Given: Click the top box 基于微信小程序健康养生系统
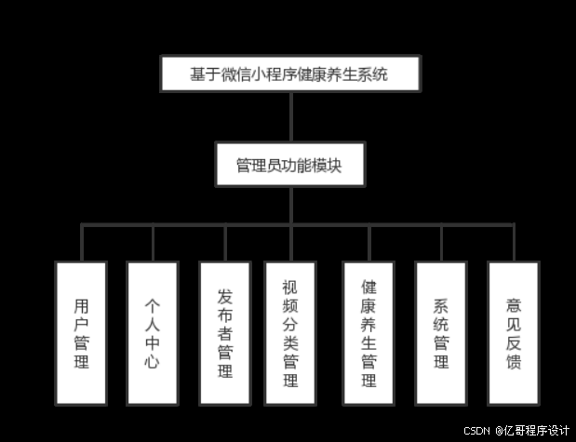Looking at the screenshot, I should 289,74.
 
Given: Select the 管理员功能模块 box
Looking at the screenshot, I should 289,167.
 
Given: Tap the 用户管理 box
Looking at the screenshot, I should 82,332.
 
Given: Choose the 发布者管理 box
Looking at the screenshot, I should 224,332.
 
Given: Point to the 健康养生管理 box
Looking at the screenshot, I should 368,332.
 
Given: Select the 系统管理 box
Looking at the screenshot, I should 440,332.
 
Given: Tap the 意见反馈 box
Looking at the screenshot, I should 513,332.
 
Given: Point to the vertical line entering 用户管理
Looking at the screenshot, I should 82,243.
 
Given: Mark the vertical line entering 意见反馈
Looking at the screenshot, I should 513,243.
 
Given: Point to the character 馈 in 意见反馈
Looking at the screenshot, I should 513,360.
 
